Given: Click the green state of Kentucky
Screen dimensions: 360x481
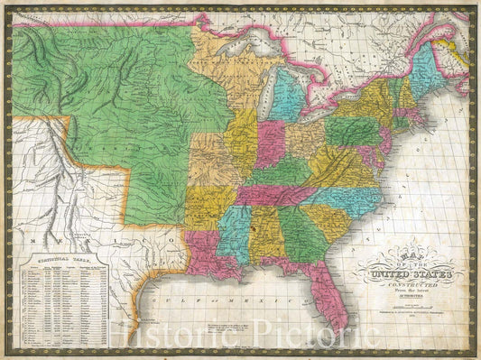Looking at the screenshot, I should coord(279,172).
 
